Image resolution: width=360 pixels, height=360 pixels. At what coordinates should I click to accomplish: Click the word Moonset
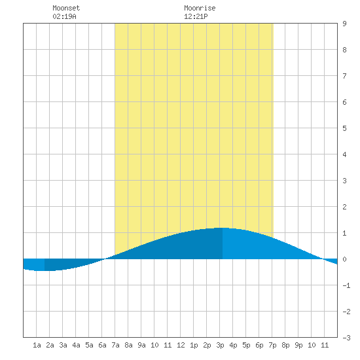coord(66,8)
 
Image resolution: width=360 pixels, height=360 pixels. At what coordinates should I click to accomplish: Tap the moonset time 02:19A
coord(64,16)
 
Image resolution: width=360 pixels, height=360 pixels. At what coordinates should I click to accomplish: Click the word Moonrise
coord(200,8)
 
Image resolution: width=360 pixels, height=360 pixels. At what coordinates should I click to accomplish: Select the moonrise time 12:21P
coord(196,16)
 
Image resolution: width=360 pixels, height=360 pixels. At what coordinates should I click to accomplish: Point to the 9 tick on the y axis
coord(344,24)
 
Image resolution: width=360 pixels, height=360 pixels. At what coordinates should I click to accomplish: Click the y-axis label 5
coord(344,128)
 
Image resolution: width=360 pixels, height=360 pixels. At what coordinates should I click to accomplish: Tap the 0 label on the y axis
coord(344,259)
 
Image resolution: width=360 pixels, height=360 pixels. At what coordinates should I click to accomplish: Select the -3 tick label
coord(346,338)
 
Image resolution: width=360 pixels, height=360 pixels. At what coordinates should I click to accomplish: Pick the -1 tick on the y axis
coord(346,285)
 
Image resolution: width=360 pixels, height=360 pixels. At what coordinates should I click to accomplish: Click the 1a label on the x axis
coord(37,345)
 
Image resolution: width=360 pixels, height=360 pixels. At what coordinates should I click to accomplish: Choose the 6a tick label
coord(102,345)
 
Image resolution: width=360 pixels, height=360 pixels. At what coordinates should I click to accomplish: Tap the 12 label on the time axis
coord(181,345)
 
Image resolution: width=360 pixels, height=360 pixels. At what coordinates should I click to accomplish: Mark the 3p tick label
coord(220,345)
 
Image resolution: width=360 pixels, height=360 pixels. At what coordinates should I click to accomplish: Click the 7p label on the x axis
coord(272,345)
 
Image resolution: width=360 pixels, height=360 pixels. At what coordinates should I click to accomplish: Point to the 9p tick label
coord(298,345)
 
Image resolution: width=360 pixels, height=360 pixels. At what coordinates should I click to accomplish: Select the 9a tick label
coord(141,345)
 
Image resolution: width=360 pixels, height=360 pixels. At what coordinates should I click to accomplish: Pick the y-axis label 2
coord(344,207)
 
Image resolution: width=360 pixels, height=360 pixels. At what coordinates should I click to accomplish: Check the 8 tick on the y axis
coord(344,50)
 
